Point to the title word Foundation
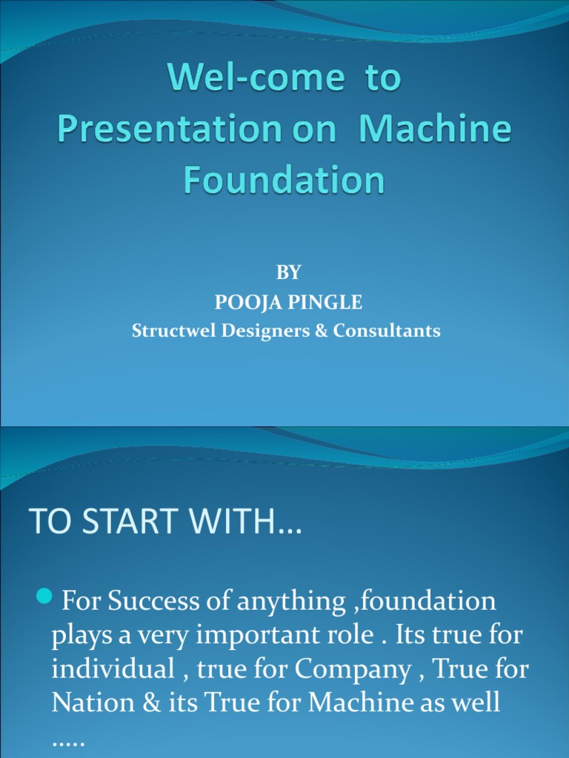click(x=284, y=180)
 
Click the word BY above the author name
click(x=288, y=272)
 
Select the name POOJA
click(x=244, y=302)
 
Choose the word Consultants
click(x=387, y=331)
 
